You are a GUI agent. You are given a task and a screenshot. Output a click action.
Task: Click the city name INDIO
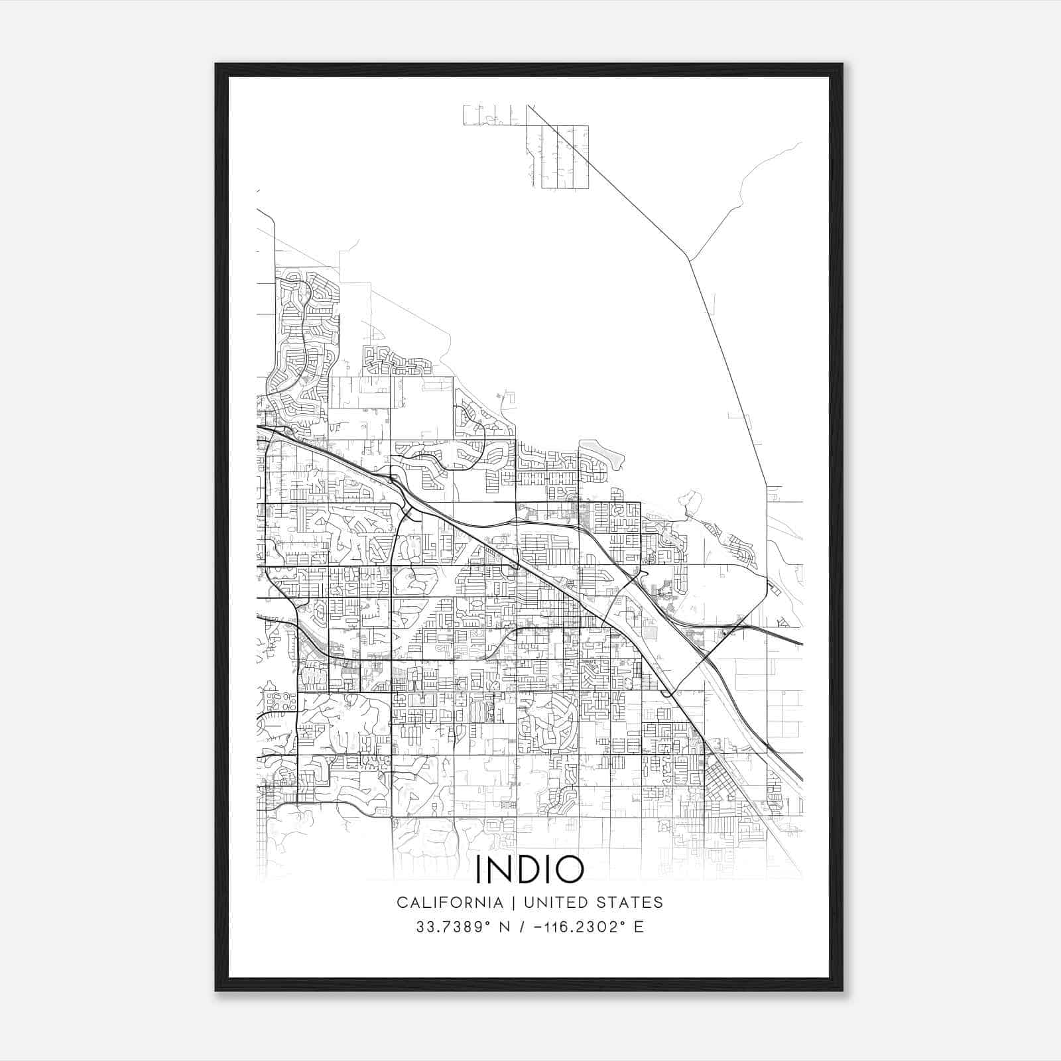(x=530, y=870)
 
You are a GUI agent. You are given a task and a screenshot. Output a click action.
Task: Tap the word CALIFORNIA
(x=449, y=903)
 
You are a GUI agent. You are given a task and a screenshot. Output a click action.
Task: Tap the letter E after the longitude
(x=639, y=927)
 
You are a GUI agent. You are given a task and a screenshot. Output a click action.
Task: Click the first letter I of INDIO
(x=479, y=870)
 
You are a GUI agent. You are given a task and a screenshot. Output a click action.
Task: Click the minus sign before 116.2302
(x=545, y=927)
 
